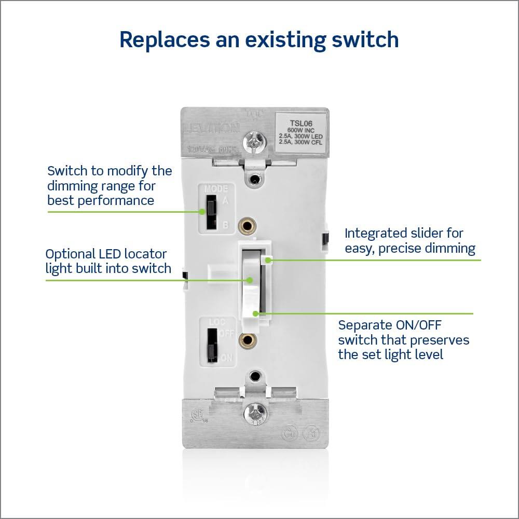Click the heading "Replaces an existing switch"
[259, 40]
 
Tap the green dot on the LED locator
[250, 280]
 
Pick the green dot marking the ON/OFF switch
[255, 313]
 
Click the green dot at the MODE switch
[202, 212]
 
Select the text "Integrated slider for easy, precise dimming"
[409, 241]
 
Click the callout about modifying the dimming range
[110, 185]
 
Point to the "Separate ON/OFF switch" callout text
[403, 340]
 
